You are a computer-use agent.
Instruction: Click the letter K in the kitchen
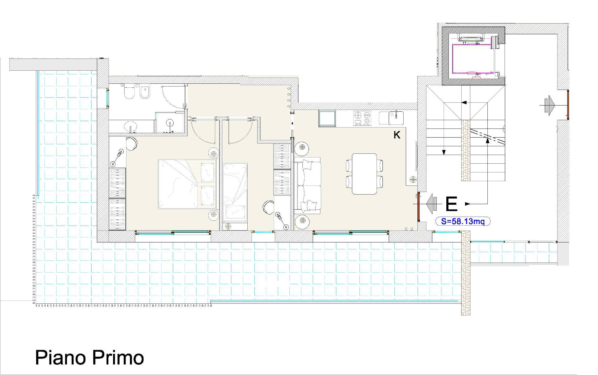tap(397, 135)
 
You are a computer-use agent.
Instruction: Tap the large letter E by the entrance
tap(451, 204)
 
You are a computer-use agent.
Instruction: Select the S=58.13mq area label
tap(463, 221)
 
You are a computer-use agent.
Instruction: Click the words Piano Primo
tap(89, 358)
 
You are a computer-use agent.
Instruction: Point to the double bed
tap(187, 184)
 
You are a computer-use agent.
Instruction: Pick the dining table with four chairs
tap(364, 174)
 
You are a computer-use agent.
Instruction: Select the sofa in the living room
tap(308, 186)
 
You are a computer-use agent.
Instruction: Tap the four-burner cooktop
tap(363, 119)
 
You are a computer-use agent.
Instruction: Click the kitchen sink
tap(391, 118)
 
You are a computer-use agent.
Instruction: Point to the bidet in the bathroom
tap(145, 92)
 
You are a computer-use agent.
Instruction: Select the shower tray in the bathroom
tap(170, 123)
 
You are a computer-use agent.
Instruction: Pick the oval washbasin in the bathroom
tap(131, 126)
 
